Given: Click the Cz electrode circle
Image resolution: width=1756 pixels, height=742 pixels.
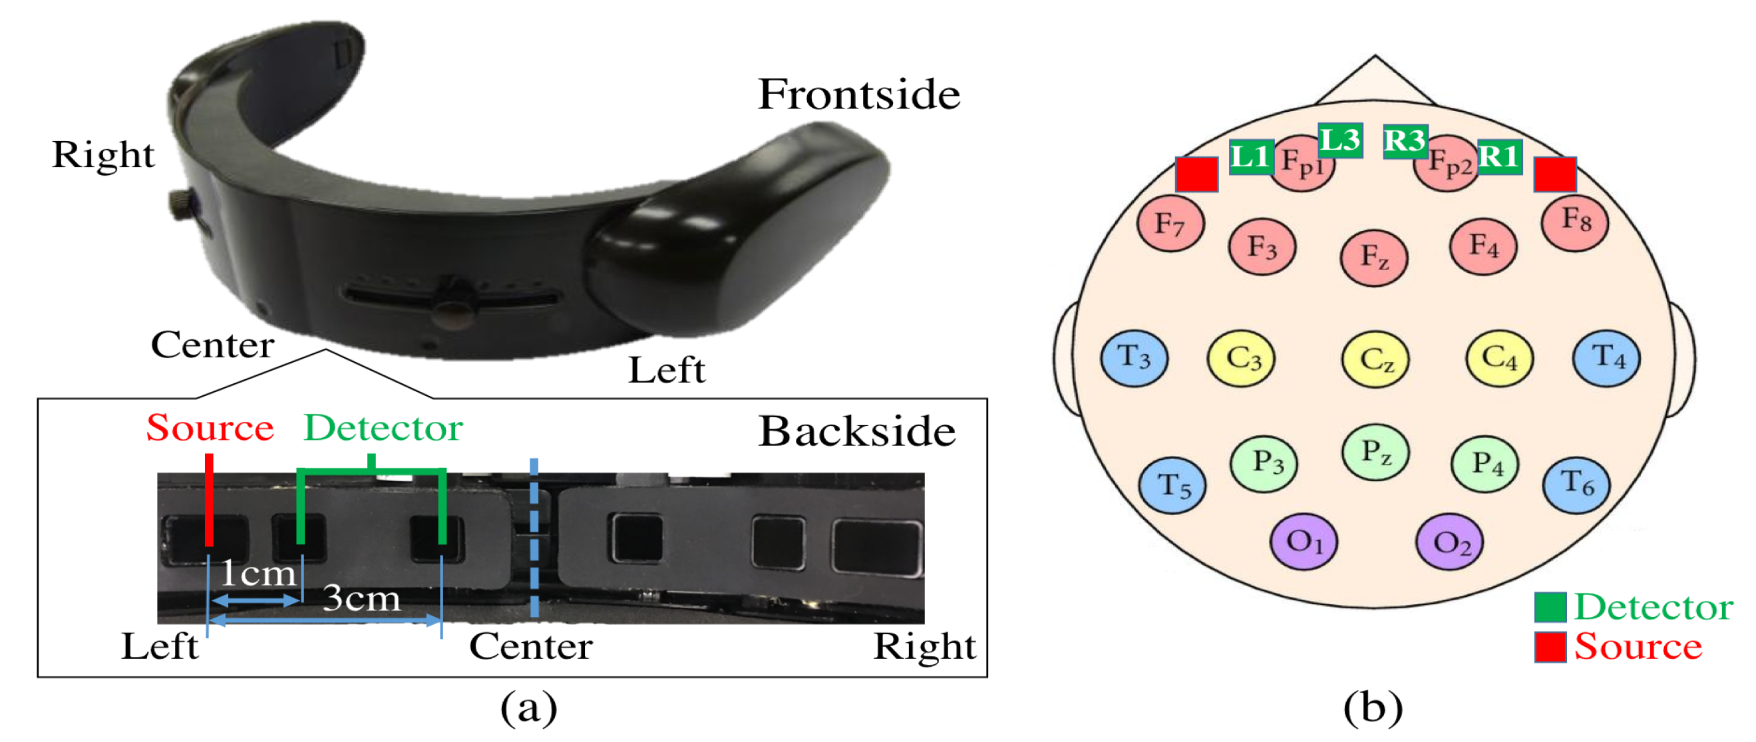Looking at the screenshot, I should (1375, 359).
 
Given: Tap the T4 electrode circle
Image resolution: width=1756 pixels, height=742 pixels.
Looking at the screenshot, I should (1606, 358).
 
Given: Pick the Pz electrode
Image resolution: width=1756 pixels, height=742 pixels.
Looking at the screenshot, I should (1375, 451).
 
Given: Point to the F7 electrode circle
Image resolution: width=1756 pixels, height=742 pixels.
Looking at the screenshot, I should (1170, 224).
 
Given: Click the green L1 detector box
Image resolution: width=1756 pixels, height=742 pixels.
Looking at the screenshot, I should (1250, 157).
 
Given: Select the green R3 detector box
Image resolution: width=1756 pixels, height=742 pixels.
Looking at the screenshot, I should (1404, 142).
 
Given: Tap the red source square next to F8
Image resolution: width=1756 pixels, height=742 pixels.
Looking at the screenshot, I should (1555, 174).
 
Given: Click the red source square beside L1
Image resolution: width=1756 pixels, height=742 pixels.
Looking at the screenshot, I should (1196, 174).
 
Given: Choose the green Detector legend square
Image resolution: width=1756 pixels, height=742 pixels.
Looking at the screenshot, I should (1550, 607).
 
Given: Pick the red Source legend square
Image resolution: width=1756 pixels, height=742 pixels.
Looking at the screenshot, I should (1550, 647).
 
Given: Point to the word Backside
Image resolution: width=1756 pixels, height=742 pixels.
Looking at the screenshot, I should (857, 432).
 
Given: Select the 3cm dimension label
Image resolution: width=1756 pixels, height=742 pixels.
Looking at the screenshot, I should (361, 598).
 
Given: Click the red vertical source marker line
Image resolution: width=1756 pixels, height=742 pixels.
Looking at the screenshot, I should (208, 499).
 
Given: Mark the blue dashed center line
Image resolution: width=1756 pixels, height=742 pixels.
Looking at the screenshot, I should (534, 539).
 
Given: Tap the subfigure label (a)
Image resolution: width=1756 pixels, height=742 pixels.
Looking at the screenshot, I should (528, 709).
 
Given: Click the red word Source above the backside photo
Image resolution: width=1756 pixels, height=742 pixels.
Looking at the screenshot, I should (210, 429).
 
